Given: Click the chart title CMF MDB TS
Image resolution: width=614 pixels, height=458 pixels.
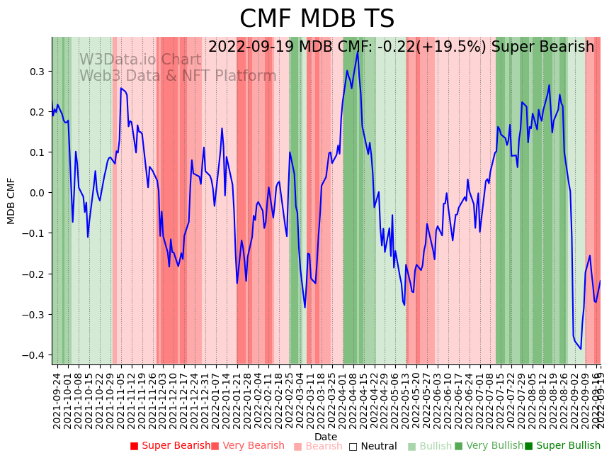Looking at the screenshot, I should tap(317, 19).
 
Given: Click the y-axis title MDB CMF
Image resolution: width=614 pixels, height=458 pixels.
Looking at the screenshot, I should tap(11, 201).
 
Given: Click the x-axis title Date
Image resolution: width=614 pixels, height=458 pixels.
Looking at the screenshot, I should tap(326, 437).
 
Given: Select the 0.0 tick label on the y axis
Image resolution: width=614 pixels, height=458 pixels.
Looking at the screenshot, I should tap(35, 193).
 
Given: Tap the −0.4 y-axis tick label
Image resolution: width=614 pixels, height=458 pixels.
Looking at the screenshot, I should tap(33, 355).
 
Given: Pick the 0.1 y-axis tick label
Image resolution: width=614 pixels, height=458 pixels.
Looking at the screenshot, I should tap(35, 152).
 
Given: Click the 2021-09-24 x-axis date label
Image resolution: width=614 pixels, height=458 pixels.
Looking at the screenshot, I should tap(57, 401).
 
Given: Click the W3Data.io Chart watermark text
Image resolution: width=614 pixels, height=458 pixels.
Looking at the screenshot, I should tap(140, 60).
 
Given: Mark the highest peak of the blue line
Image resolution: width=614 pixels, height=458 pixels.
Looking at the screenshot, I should tap(358, 52).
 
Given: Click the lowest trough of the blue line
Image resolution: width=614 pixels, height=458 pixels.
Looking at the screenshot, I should tap(581, 349).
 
